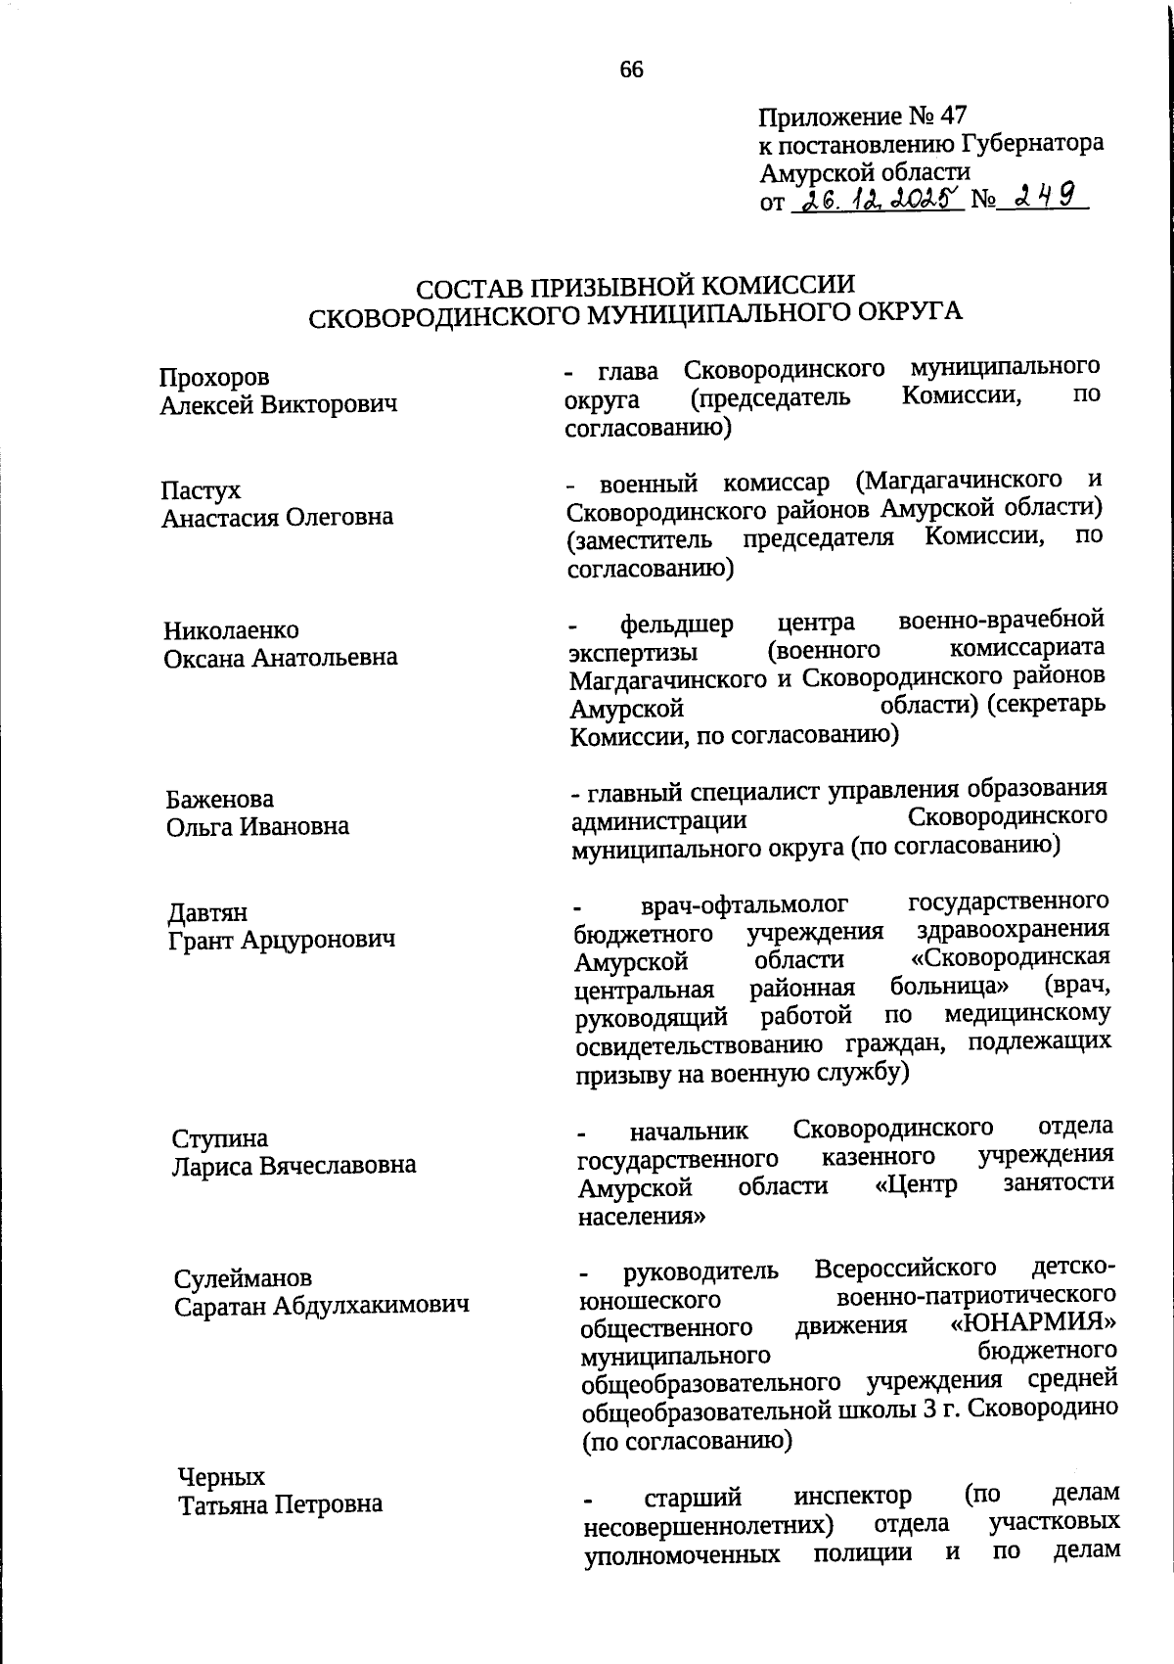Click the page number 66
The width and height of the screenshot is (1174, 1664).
pos(631,69)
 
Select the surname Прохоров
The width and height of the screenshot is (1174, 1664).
pos(215,378)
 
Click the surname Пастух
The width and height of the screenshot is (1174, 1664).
pos(202,490)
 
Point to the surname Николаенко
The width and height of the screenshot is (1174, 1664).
pos(232,630)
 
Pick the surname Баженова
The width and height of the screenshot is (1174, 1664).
pos(220,800)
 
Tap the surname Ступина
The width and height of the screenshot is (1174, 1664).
pos(220,1138)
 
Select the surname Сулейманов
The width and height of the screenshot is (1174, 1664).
pos(244,1278)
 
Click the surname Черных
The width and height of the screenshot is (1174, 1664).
pos(221,1476)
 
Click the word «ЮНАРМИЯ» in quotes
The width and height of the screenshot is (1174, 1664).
pos(1035,1325)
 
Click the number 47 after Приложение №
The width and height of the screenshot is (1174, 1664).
pos(951,116)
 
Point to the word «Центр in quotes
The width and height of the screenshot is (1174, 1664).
pos(915,1185)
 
